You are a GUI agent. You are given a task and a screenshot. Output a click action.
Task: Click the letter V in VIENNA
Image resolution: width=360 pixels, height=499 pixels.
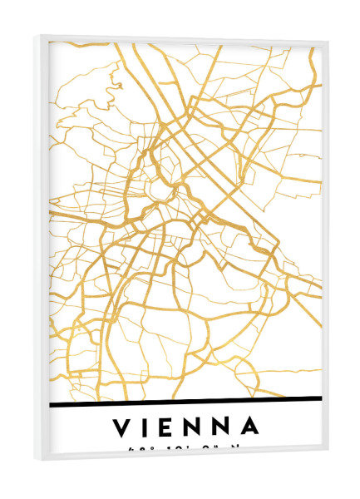pos(122,427)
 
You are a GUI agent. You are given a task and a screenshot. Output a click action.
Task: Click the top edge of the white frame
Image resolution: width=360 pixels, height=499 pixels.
pos(183,37)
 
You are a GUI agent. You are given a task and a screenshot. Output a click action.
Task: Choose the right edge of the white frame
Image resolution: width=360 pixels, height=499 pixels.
pos(323,249)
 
